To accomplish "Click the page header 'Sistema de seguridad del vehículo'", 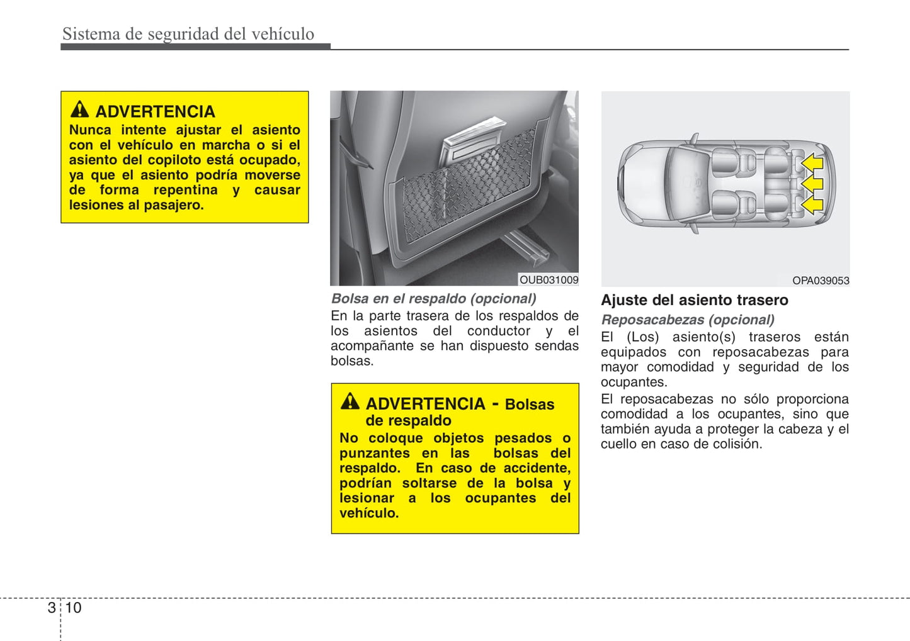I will pos(188,34).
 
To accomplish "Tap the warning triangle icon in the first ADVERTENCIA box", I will pos(79,109).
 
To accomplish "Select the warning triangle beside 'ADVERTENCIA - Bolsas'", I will pos(350,401).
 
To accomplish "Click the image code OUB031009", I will pos(549,280).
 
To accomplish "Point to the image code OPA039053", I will pos(820,281).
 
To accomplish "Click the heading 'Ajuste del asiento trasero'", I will pos(694,300).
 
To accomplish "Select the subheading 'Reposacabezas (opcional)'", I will pos(688,320).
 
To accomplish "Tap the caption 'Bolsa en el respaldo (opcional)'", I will pos(434,299).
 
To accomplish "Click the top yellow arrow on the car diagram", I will pos(813,163).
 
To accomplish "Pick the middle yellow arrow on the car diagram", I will pos(813,184).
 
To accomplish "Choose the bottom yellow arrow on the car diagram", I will pos(813,204).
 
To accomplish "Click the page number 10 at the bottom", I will pos(74,608).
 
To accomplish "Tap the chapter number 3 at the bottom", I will pos(52,608).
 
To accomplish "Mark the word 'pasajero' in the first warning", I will pos(173,205).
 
